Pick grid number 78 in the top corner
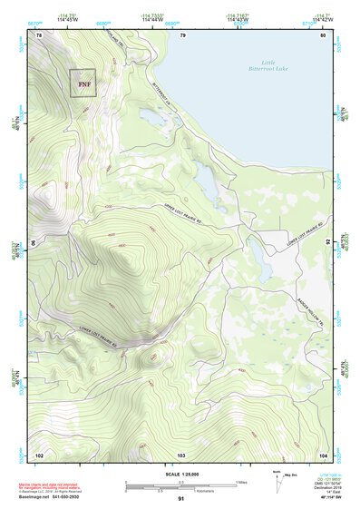[x=39, y=35]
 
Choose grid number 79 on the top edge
[x=182, y=35]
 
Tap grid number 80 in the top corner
[x=322, y=35]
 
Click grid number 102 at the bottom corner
[x=39, y=453]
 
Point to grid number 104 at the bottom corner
[x=322, y=453]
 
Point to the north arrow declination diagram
[x=277, y=479]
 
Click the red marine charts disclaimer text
[x=54, y=477]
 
